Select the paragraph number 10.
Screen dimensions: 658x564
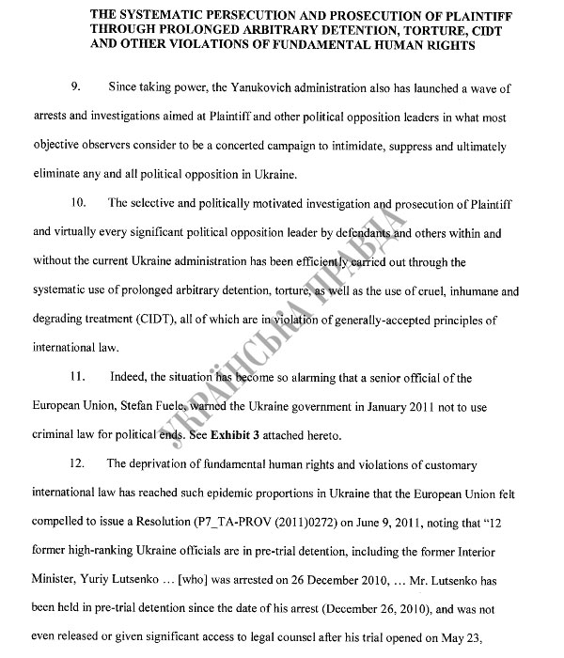point(79,204)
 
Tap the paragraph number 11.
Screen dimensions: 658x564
point(79,379)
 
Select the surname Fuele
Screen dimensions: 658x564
point(173,408)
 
